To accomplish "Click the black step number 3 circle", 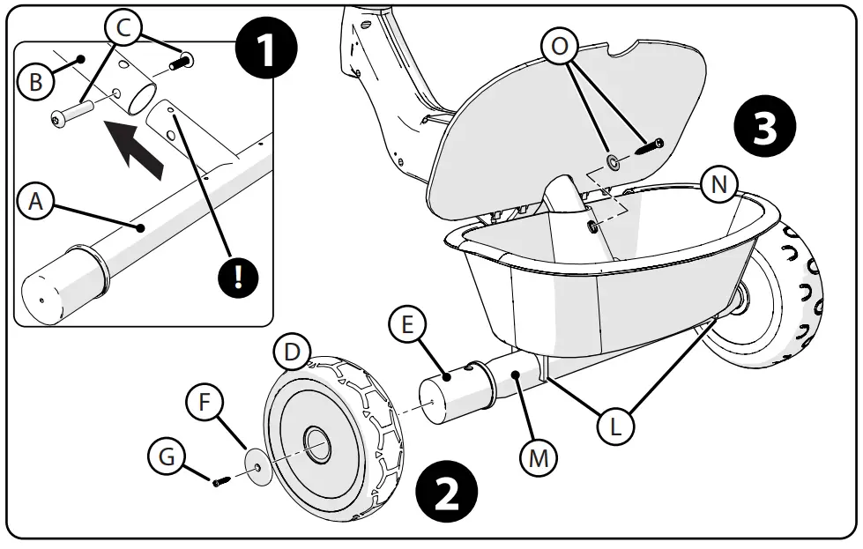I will [x=763, y=129].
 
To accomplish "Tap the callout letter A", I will [x=35, y=202].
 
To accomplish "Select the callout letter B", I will [x=35, y=82].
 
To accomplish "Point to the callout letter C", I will [x=123, y=29].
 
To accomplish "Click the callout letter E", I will [x=406, y=325].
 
